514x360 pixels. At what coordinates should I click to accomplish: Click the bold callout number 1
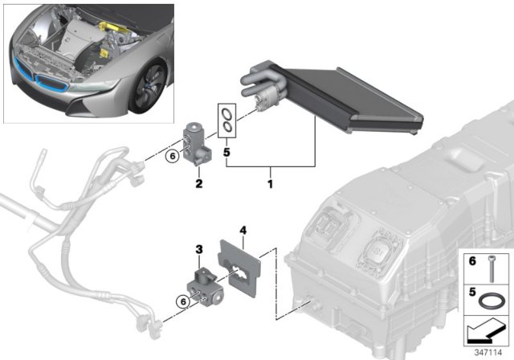click(271, 184)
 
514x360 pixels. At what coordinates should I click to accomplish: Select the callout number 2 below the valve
click(198, 184)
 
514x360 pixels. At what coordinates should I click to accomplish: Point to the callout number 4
click(243, 230)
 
